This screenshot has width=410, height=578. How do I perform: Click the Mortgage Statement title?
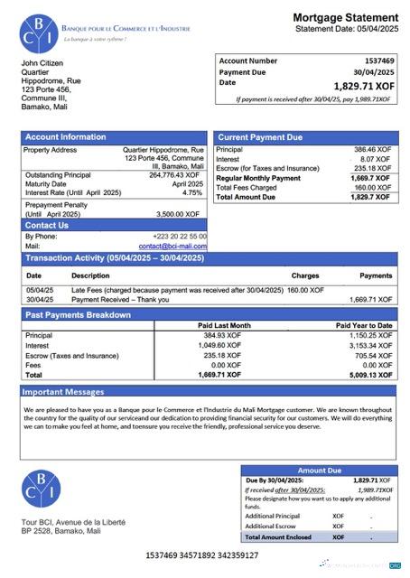pos(345,17)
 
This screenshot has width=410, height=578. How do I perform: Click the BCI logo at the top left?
pos(40,33)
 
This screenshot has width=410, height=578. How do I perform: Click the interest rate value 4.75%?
pos(192,192)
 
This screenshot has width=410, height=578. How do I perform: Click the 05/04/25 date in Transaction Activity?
pos(39,290)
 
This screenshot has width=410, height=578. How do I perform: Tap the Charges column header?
pos(304,275)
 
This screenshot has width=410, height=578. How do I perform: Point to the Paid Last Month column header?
pos(224,325)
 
